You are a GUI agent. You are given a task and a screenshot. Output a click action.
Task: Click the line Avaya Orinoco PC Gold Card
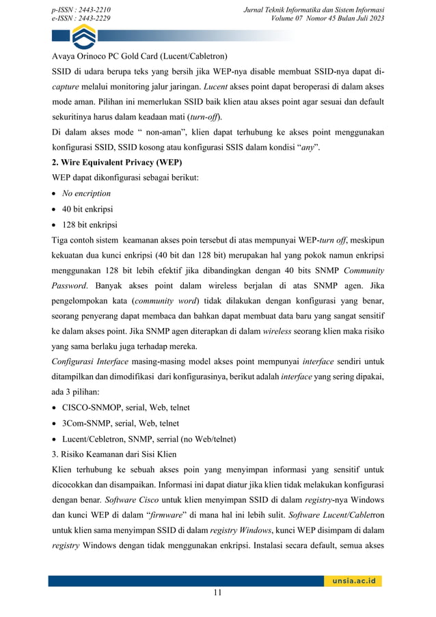(x=139, y=55)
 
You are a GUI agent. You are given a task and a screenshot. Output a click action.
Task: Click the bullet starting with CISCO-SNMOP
(x=126, y=408)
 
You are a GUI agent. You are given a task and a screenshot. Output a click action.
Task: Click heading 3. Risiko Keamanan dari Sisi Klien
(x=114, y=454)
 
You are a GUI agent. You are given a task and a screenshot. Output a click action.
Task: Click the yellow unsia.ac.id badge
(x=352, y=581)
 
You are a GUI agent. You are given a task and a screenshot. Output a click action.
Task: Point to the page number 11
(x=217, y=593)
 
